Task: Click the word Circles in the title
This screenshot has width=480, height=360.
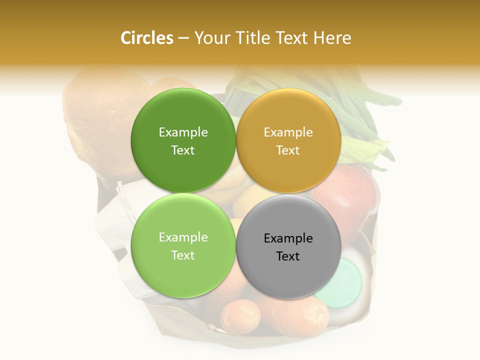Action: pos(146,38)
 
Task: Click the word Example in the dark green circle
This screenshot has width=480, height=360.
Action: pos(183,132)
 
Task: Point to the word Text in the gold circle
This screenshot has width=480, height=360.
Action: pos(288,150)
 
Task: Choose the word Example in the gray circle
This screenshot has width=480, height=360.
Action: pos(288,238)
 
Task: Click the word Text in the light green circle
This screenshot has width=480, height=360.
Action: pos(183,255)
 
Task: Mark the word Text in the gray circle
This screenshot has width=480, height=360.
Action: pos(288,256)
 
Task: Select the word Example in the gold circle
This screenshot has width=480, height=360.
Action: pos(288,132)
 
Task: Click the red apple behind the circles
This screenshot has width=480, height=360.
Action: pos(352,195)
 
